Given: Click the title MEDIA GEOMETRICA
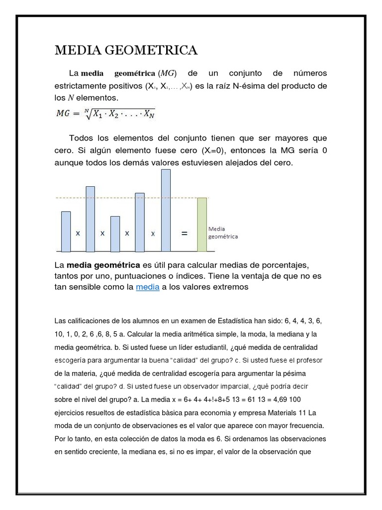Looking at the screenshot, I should [x=126, y=50].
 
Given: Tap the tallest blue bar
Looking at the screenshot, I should [x=166, y=210].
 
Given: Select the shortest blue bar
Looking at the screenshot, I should [x=115, y=233].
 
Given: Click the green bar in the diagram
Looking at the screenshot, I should [x=201, y=224].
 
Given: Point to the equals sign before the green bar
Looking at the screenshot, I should [x=184, y=233].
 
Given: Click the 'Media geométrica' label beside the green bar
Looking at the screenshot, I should [x=222, y=233].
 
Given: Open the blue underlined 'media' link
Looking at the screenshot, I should [x=148, y=287].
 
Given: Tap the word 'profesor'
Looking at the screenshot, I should [x=308, y=359].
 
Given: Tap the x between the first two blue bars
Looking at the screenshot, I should [x=78, y=233].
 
